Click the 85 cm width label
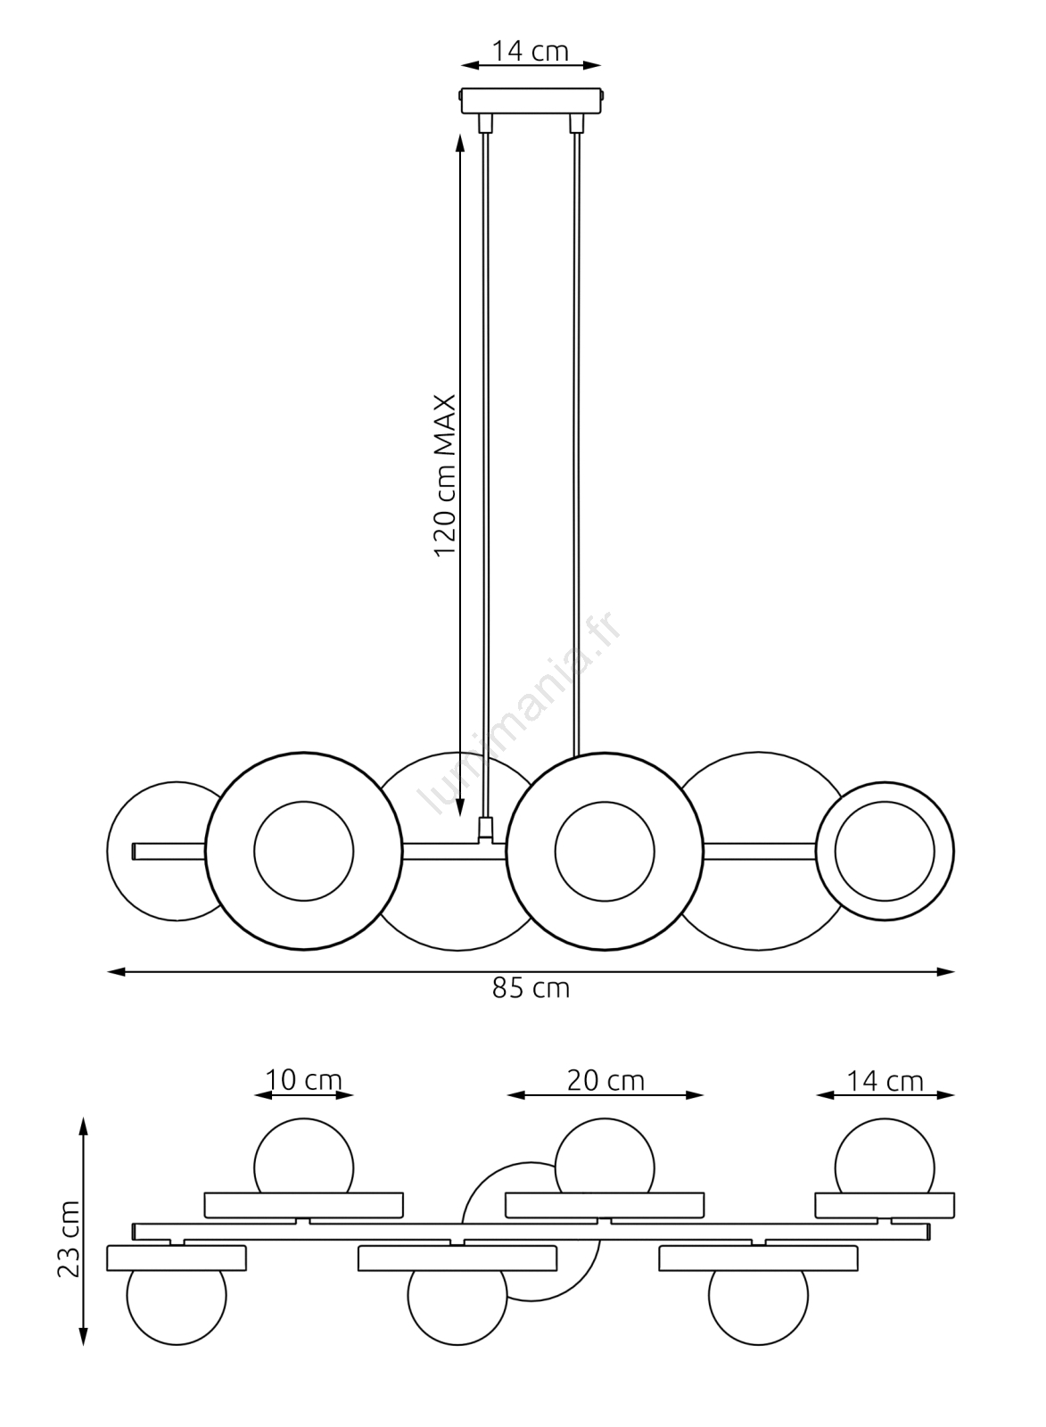coord(531,988)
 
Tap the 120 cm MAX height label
coord(445,475)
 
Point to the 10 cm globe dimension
coord(304,1080)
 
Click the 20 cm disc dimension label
coord(605,1080)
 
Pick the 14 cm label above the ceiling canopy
coord(531,52)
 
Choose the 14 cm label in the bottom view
coord(885,1080)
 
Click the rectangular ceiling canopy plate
coord(531,100)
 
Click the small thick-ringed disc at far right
coord(885,852)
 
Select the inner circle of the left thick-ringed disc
coord(303,851)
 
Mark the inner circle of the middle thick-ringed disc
coord(604,851)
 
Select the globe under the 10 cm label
coord(303,1158)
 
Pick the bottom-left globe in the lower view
coord(177,1305)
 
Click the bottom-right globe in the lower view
coord(758,1305)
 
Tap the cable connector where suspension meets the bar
coord(486,829)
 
